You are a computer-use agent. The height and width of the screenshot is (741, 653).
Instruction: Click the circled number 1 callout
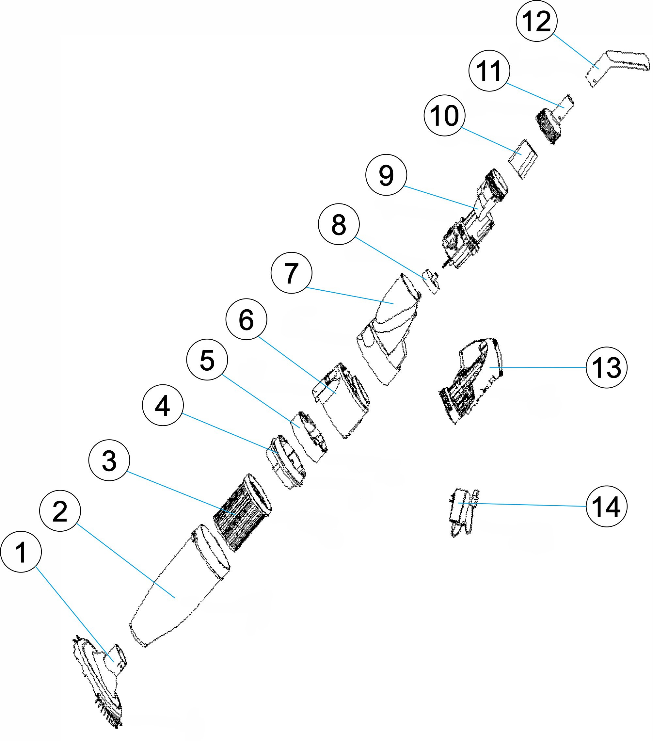pos(21,552)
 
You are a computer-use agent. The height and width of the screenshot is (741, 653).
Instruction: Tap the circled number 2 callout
pos(60,511)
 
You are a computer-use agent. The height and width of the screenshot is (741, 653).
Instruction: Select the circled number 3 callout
pos(109,461)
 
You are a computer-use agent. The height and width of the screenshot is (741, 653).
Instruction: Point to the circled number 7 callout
pos(291,273)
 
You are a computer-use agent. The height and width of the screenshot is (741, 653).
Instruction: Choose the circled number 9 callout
pos(386,175)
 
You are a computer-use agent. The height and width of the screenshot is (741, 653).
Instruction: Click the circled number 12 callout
pos(536,21)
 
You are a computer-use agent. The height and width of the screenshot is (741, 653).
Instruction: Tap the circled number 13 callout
pos(606,368)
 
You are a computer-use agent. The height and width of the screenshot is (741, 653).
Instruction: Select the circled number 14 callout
pos(606,507)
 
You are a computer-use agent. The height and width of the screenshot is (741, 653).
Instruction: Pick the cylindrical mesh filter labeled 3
pos(241,513)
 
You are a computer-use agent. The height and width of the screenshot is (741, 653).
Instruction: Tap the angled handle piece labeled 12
pos(616,63)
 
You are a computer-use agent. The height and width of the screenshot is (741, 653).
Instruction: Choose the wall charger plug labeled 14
pos(462,511)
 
